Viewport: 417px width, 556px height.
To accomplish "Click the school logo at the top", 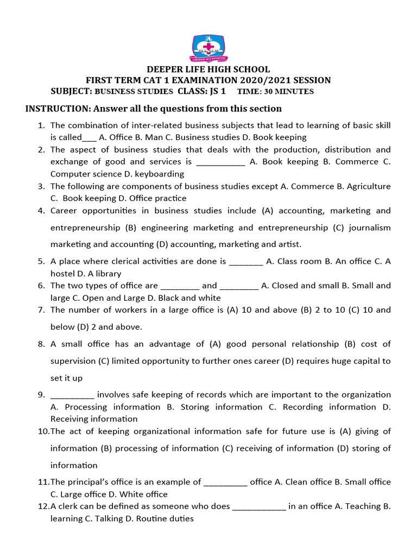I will [208, 48].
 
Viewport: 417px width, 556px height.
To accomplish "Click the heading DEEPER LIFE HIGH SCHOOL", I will [208, 69].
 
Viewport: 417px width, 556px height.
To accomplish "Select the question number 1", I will [41, 125].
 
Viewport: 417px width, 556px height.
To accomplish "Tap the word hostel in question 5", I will [64, 274].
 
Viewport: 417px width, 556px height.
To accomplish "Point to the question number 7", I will [41, 310].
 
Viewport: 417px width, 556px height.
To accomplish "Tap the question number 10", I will [43, 432].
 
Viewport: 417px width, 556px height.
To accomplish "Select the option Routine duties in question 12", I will [168, 518].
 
